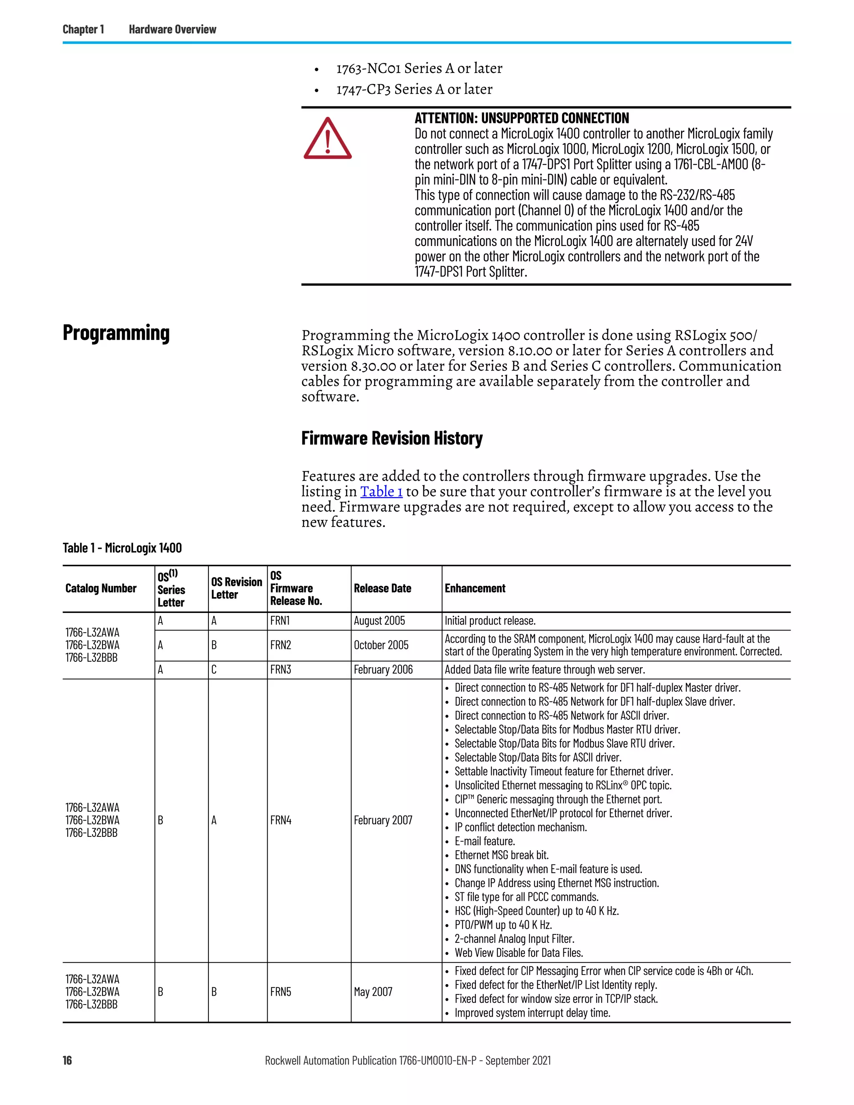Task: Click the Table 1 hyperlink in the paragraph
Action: pos(381,491)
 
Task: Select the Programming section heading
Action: pos(116,333)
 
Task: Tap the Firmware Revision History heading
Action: pos(392,438)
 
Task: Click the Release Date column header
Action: pos(382,588)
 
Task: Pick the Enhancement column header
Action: pos(475,588)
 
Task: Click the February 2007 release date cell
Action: pos(382,820)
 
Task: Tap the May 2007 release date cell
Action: pos(373,992)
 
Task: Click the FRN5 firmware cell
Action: pos(280,992)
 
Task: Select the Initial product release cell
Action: pos(490,621)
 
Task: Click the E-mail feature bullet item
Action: pos(484,841)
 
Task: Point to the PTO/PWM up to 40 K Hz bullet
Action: pos(502,925)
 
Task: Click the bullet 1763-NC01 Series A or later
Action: pos(419,68)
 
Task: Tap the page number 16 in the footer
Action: pos(67,1060)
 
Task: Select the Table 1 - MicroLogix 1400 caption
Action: pos(122,548)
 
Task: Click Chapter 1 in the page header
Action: pos(83,29)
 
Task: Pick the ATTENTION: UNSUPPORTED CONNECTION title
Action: pos(521,118)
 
